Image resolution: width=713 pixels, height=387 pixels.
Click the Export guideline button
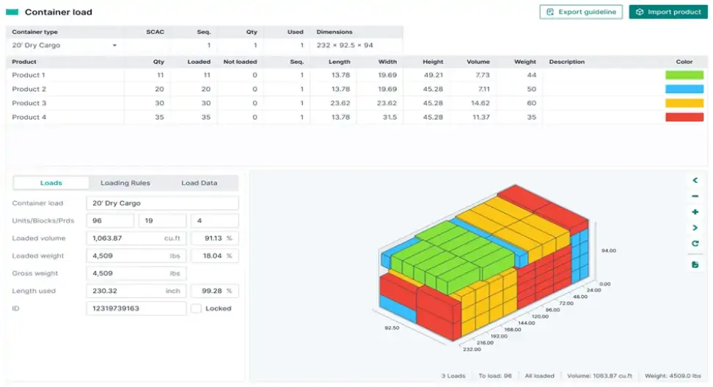coord(581,12)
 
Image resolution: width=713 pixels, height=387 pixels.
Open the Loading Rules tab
coord(125,183)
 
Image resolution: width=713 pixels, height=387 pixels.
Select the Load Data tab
coord(199,183)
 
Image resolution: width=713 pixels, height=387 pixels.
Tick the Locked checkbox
coord(196,308)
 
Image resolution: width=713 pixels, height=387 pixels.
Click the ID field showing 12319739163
coord(136,308)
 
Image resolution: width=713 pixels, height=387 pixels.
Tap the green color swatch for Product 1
coord(684,75)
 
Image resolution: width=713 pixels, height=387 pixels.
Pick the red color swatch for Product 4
coord(684,117)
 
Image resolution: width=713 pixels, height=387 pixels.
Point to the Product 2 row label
coord(29,89)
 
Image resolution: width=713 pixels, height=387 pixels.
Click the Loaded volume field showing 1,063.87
coord(136,239)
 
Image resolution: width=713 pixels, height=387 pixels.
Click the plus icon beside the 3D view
coord(695,212)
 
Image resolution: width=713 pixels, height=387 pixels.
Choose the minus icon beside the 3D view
coord(695,196)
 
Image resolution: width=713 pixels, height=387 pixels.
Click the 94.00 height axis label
coord(607,250)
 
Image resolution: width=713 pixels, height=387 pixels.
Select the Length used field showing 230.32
coord(136,292)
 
